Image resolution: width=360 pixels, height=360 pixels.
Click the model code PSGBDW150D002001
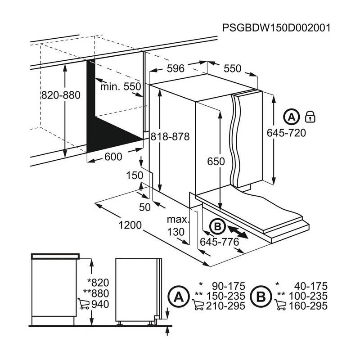tap(276, 27)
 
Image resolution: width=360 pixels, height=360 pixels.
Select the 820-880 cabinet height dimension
tap(60, 95)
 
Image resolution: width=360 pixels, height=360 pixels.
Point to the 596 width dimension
tap(175, 69)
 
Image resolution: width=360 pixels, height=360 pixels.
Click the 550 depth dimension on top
tap(233, 69)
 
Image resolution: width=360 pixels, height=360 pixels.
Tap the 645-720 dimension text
tap(286, 133)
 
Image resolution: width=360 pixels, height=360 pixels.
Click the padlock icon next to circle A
tap(310, 117)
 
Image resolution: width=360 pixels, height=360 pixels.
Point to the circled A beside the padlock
tap(292, 117)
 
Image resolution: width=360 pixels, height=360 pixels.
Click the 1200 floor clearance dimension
tap(130, 225)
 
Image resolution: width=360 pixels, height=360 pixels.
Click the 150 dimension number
tap(135, 175)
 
